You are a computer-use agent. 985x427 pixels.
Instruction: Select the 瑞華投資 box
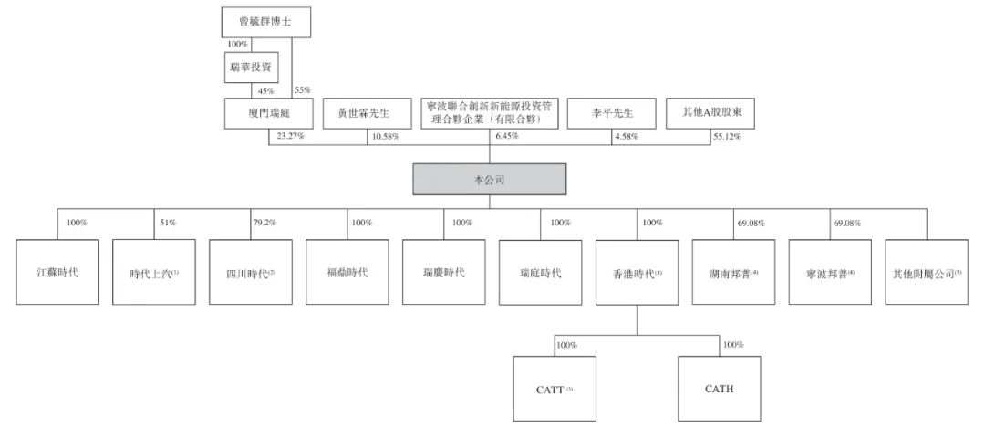[252, 68]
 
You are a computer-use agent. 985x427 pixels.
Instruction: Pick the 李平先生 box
[611, 114]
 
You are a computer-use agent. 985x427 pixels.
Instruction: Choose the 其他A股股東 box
[710, 114]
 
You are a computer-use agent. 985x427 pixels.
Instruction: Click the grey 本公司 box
[490, 179]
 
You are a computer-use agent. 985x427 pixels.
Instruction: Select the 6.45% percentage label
[505, 136]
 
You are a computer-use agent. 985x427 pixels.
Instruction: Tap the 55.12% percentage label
[726, 136]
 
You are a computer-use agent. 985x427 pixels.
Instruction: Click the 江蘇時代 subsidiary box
[57, 272]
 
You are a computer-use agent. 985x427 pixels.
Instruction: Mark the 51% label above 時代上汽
[169, 223]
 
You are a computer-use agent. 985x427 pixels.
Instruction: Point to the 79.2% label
[264, 223]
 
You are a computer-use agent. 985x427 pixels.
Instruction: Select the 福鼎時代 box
[347, 272]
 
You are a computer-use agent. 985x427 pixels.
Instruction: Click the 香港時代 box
[637, 272]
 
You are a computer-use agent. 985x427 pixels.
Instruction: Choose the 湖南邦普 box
[733, 272]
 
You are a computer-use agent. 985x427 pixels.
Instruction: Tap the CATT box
[555, 389]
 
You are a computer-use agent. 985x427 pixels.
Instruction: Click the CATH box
[720, 389]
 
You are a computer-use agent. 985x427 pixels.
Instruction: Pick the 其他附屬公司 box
[928, 272]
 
